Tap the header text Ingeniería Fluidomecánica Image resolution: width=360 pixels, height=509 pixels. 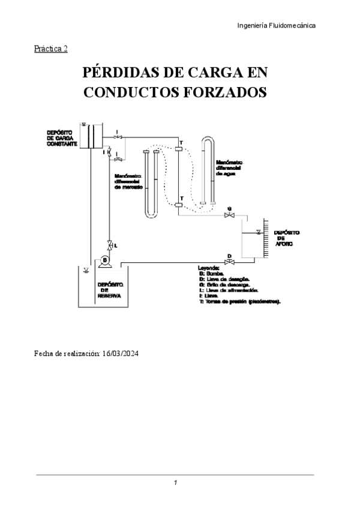coord(277,25)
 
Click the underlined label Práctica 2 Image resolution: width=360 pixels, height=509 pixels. coord(51,49)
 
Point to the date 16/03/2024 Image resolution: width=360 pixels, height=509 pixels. coord(121,354)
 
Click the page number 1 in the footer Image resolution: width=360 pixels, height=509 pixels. coord(175,483)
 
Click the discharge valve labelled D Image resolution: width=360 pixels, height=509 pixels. coord(229,262)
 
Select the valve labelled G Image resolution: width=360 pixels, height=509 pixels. coord(229,215)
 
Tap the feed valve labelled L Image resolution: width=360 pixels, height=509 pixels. coord(109,244)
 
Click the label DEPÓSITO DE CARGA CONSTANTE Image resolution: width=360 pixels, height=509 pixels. coord(61,137)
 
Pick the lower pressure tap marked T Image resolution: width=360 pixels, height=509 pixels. coord(179,205)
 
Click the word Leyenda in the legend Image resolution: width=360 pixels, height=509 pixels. coord(209,268)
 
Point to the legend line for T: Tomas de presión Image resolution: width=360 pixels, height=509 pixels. coord(240,301)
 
